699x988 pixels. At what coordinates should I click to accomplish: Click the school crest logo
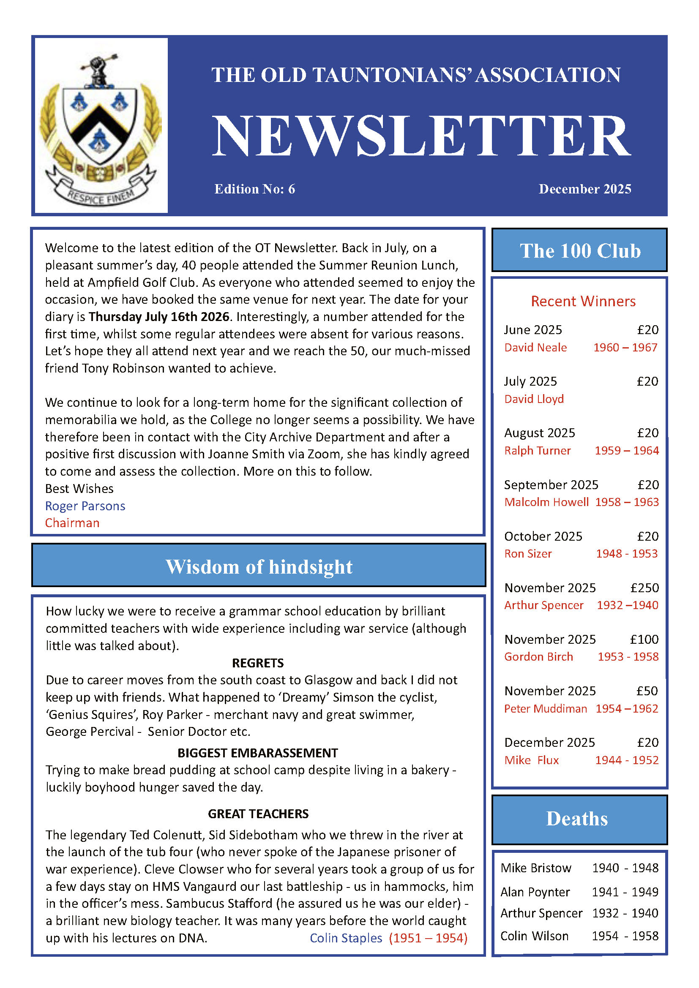tap(101, 125)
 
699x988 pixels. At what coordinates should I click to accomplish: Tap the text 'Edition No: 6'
tap(255, 189)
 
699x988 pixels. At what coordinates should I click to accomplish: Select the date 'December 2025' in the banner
tap(584, 189)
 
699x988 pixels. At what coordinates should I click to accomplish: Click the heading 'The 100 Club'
tap(579, 250)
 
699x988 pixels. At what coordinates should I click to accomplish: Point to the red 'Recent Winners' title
tap(583, 301)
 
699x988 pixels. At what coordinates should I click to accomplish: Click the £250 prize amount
tap(644, 588)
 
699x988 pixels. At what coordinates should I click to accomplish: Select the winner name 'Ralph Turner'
tap(537, 451)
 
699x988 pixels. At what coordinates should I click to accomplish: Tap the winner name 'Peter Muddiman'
tap(545, 708)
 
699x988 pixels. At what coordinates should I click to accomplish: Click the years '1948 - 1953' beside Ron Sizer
tap(627, 554)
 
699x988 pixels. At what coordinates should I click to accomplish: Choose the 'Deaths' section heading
tap(577, 819)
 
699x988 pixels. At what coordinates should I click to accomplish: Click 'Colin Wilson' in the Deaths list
tap(534, 936)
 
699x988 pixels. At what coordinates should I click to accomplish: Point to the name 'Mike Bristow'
tap(536, 868)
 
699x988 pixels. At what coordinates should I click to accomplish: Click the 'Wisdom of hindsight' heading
tap(259, 567)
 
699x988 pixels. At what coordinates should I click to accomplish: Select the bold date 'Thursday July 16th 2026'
tap(159, 317)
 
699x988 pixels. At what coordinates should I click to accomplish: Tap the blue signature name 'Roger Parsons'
tap(85, 506)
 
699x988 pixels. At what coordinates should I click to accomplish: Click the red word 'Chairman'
tap(72, 523)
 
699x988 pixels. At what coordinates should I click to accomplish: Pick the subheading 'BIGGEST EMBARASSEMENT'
tap(257, 753)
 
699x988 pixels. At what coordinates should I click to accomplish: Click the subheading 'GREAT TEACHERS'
tap(258, 814)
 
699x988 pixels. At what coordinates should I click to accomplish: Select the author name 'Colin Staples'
tap(346, 938)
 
